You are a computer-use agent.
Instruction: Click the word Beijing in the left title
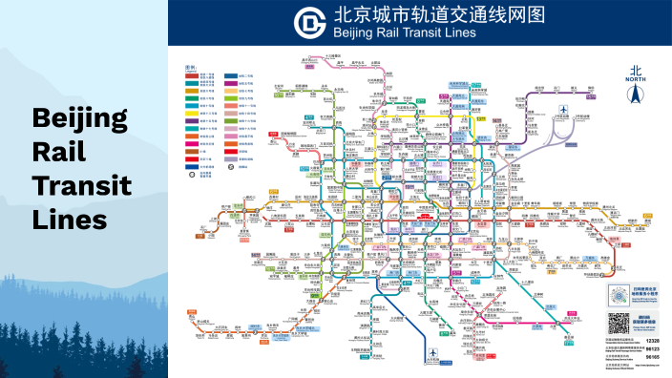point(80,118)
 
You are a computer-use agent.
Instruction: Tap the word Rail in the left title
point(59,151)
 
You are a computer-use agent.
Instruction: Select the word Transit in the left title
point(82,184)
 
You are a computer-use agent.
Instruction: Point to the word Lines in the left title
point(68,219)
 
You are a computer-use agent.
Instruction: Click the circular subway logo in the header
point(309,21)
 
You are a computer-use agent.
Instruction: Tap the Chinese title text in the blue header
point(426,15)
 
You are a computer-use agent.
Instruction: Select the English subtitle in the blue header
point(405,33)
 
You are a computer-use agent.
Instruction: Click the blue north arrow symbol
point(635,94)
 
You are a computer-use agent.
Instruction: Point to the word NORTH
point(635,80)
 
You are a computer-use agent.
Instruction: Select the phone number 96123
point(652,351)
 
